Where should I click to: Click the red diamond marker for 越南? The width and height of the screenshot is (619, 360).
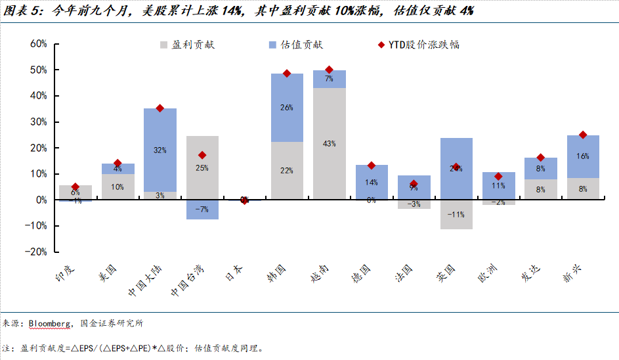(329, 70)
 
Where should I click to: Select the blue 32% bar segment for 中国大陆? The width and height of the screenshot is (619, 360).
(160, 150)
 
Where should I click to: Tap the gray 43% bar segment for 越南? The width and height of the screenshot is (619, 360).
(329, 143)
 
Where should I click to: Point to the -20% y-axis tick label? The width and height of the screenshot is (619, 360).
(35, 252)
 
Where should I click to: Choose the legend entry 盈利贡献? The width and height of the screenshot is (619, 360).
(187, 45)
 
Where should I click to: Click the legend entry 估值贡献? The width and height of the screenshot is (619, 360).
(295, 45)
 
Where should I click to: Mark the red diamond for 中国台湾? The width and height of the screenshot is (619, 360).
(202, 156)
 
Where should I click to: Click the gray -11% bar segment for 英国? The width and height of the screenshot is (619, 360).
(456, 215)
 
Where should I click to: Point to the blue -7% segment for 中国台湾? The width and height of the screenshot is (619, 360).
(202, 210)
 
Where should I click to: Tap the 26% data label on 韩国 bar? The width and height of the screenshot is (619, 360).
(287, 108)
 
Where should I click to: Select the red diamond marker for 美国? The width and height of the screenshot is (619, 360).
(117, 163)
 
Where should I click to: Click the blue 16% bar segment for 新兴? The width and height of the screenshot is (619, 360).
(582, 156)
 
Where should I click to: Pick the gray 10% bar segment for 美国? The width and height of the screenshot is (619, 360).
(117, 187)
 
